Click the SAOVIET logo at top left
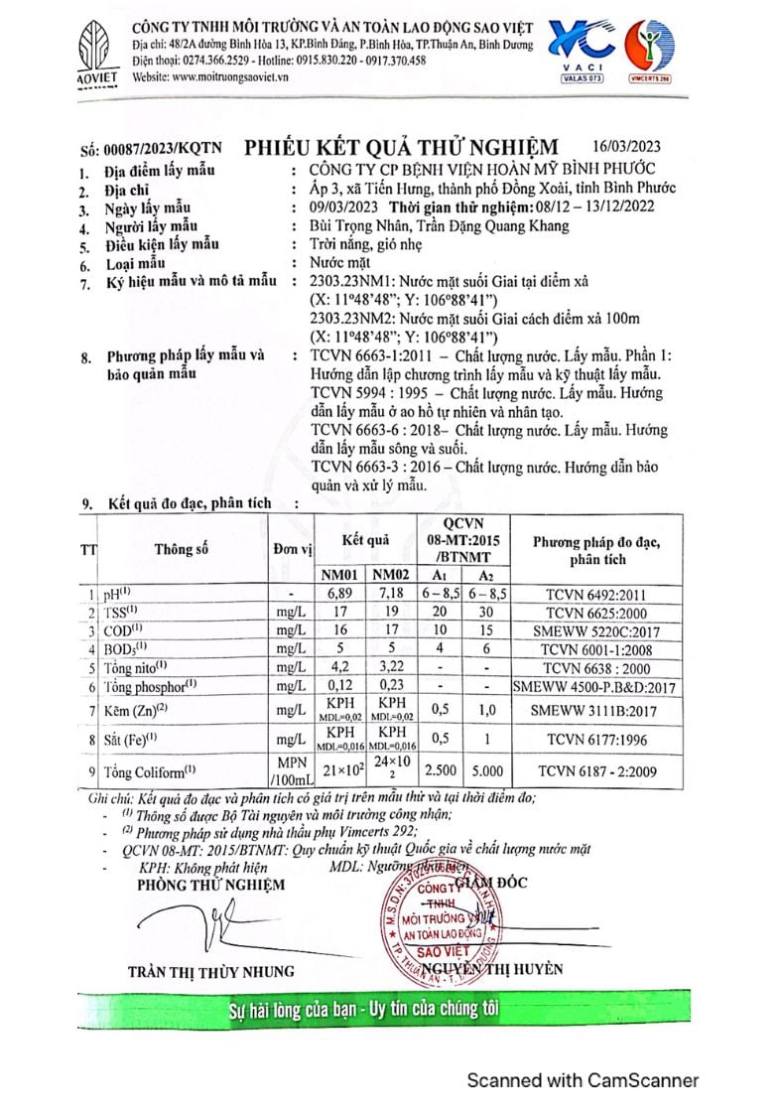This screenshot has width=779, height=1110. (x=98, y=54)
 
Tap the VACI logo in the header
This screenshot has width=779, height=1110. (x=584, y=48)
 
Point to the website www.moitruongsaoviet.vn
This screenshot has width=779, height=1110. (x=209, y=75)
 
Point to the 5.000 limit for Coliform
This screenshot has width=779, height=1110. (x=485, y=769)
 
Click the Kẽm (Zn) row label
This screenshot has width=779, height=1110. (x=149, y=710)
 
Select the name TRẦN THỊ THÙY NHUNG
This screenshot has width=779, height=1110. (x=210, y=970)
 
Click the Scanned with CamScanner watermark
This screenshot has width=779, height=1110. (x=584, y=1080)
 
